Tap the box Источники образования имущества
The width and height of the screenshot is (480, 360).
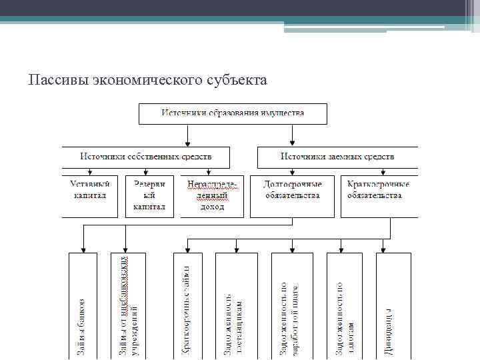pyautogui.click(x=233, y=113)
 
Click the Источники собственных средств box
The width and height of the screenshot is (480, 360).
pyautogui.click(x=146, y=157)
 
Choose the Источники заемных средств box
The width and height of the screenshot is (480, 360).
pyautogui.click(x=337, y=157)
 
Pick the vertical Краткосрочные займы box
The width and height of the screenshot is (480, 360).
pyautogui.click(x=187, y=307)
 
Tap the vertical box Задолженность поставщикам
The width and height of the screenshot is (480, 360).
pyautogui.click(x=235, y=307)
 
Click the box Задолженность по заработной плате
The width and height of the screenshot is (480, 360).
pyautogui.click(x=291, y=307)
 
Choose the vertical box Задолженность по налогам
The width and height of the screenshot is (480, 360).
pyautogui.click(x=343, y=307)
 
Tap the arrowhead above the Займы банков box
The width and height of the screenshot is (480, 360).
pyautogui.click(x=83, y=248)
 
